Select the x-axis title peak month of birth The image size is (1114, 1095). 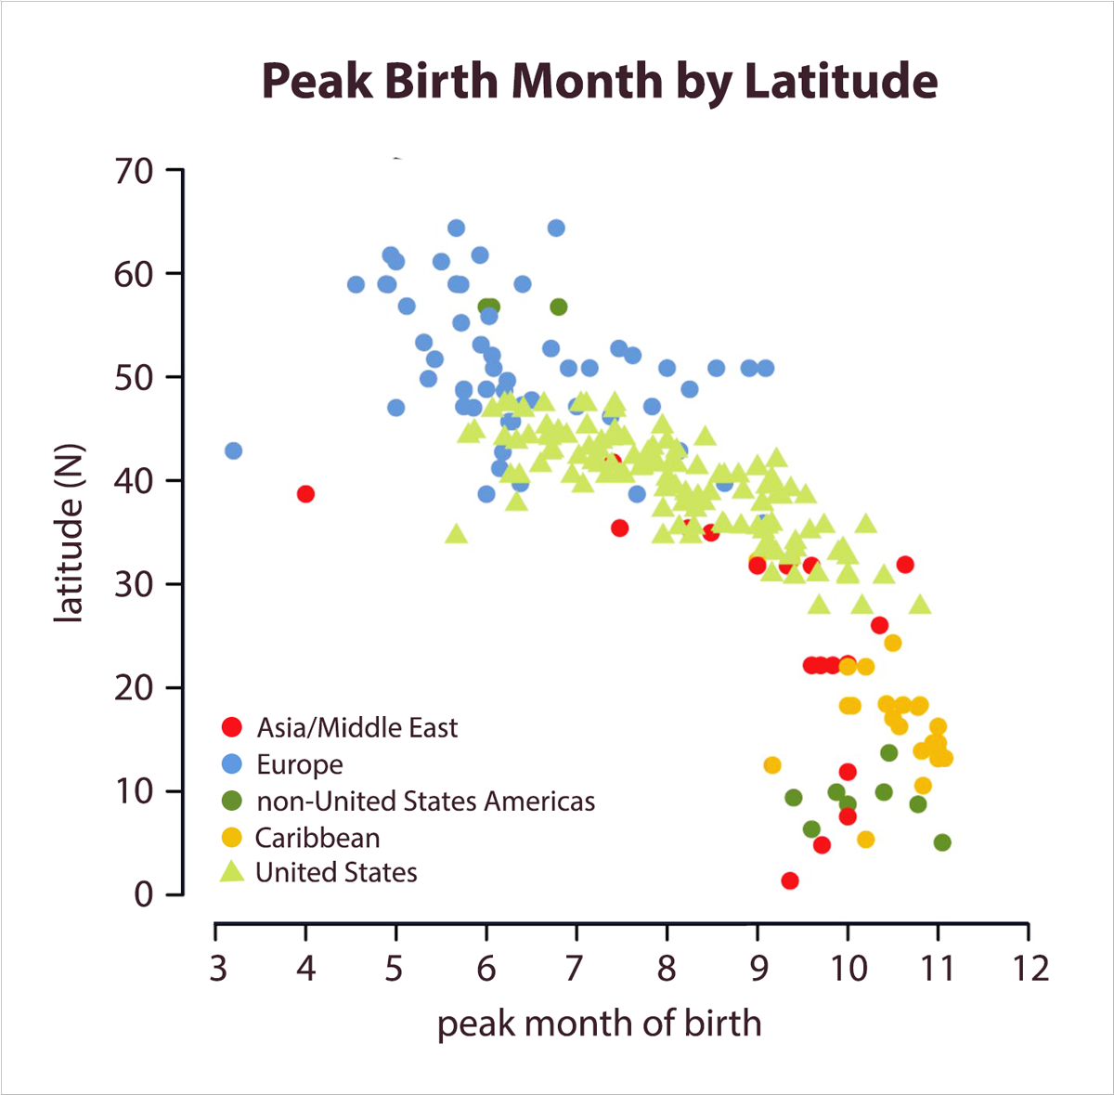click(x=599, y=1023)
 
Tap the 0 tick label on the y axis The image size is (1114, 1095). click(x=143, y=894)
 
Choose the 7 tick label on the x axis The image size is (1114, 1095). click(x=576, y=969)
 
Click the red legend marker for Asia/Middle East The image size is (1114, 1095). click(x=232, y=727)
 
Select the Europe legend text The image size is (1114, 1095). click(x=300, y=764)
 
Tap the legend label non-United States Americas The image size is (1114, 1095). click(x=425, y=801)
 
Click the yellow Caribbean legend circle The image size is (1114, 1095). click(x=232, y=837)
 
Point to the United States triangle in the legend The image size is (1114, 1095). click(x=232, y=871)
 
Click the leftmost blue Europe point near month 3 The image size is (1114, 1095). click(x=233, y=450)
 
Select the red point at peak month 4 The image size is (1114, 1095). click(x=305, y=494)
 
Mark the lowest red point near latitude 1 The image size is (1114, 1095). click(x=790, y=880)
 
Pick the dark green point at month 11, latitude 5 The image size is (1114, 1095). click(x=942, y=842)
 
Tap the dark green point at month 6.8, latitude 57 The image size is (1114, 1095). click(x=558, y=306)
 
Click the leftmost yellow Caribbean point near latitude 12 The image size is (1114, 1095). click(x=772, y=765)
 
